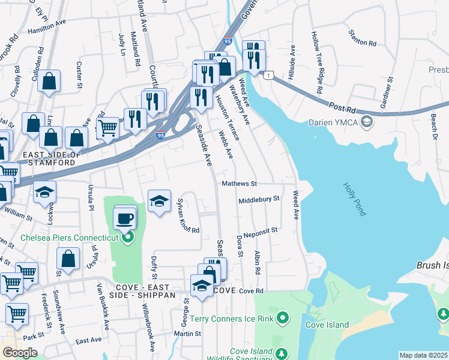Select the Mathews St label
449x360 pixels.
click(239, 184)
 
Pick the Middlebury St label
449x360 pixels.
click(259, 199)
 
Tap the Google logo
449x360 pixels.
click(19, 353)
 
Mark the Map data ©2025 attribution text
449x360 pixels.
click(423, 355)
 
